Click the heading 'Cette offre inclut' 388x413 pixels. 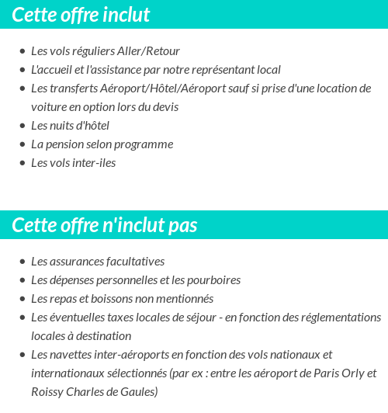click(x=81, y=15)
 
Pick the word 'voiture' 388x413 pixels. click(x=48, y=106)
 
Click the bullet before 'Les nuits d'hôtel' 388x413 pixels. click(x=22, y=126)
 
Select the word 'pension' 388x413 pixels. click(x=65, y=144)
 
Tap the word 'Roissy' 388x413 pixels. click(x=47, y=392)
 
